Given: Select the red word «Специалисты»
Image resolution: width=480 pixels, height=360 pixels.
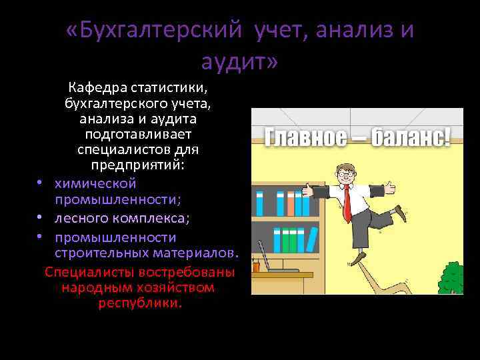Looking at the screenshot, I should click(x=84, y=272).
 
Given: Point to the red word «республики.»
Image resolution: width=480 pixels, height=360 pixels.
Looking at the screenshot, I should click(x=139, y=303).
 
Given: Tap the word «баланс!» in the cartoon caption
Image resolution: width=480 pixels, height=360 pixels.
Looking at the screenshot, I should click(x=410, y=138).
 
